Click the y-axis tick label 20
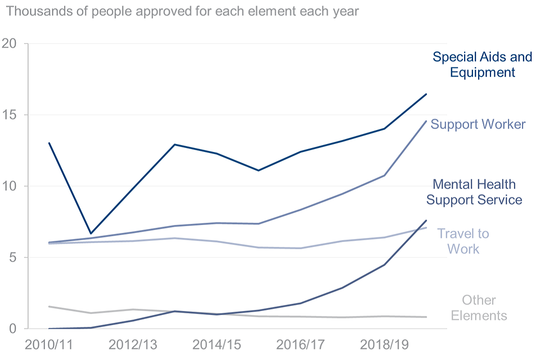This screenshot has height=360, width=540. pyautogui.click(x=11, y=44)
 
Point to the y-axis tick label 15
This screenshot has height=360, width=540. pyautogui.click(x=11, y=115)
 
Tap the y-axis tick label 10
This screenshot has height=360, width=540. pyautogui.click(x=11, y=186)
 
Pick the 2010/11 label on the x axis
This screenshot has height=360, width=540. pyautogui.click(x=49, y=344)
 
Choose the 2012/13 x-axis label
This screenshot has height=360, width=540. pyautogui.click(x=133, y=344)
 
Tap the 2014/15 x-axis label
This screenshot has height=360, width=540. pyautogui.click(x=217, y=344)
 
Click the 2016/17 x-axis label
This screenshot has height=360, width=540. pyautogui.click(x=301, y=344)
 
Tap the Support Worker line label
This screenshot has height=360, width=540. pyautogui.click(x=478, y=124)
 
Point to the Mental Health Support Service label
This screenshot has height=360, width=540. pyautogui.click(x=474, y=192)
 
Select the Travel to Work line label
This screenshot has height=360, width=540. pyautogui.click(x=463, y=241)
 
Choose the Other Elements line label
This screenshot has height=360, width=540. pyautogui.click(x=479, y=308)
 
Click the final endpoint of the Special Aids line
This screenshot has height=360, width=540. pyautogui.click(x=426, y=94)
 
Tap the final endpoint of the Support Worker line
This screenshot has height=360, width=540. pyautogui.click(x=426, y=121)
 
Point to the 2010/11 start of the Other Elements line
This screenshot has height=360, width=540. pyautogui.click(x=49, y=307)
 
